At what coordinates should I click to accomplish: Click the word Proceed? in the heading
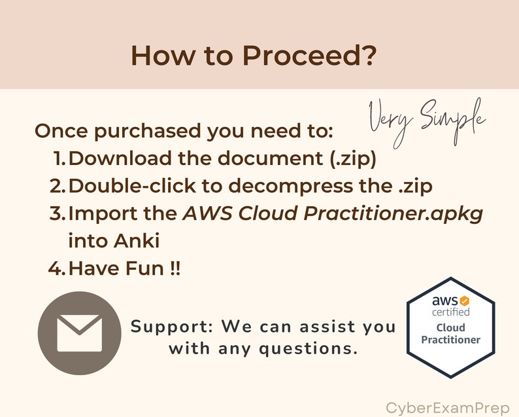(x=310, y=56)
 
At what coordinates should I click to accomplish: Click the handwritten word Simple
(x=452, y=117)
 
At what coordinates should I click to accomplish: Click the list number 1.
(x=58, y=158)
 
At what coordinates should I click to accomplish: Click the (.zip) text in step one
(x=346, y=158)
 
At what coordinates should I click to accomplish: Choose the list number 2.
(x=58, y=185)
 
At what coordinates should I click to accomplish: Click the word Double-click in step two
(x=133, y=185)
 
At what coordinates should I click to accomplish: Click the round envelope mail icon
(x=79, y=333)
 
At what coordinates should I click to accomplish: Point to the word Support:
(x=173, y=326)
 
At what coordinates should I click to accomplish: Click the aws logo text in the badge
(x=444, y=301)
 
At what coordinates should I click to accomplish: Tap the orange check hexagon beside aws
(x=464, y=300)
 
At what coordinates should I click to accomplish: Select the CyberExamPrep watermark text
(x=447, y=408)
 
